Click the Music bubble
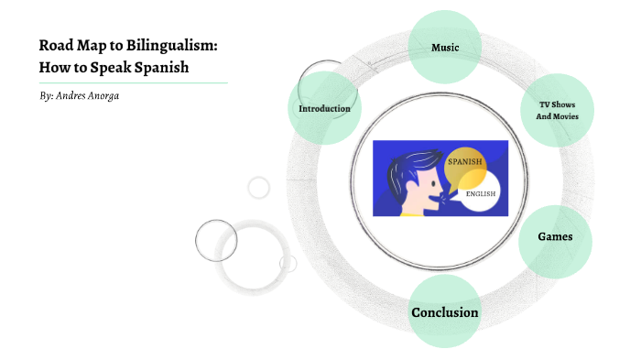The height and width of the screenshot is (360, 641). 445,47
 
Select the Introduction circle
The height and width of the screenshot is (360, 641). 324,109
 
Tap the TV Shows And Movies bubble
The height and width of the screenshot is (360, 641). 557,111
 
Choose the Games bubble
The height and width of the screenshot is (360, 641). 555,236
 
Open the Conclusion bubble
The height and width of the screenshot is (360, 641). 444,312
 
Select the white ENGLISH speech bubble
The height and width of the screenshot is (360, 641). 483,194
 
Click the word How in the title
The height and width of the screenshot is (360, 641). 54,66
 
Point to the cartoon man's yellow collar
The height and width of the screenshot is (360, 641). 417,213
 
